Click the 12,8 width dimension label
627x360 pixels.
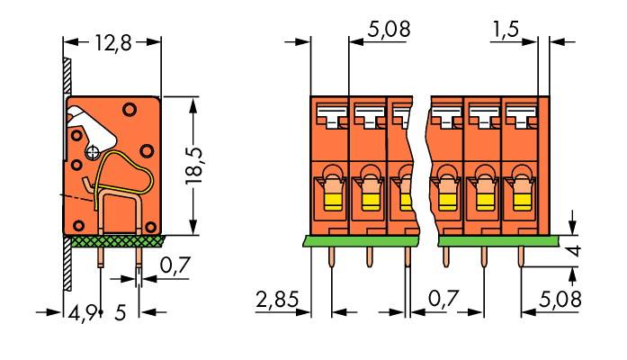pos(112,42)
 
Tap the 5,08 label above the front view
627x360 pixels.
pos(389,31)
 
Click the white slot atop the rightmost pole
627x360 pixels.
pos(519,114)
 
